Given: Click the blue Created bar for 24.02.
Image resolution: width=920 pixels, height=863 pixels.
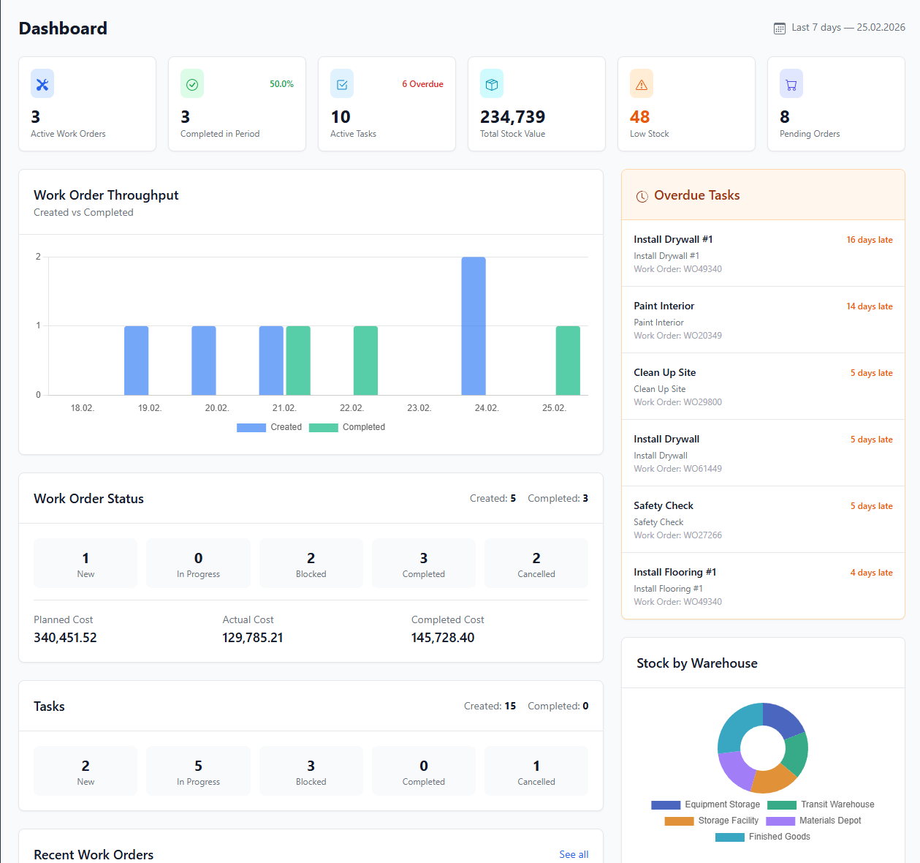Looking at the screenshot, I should coord(474,325).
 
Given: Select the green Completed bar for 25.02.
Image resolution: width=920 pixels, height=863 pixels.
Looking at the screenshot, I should coord(568,361).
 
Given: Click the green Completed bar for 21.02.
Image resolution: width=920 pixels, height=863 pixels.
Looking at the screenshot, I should coord(298,361).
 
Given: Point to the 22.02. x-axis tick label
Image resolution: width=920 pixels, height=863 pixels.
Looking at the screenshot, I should coord(351,408).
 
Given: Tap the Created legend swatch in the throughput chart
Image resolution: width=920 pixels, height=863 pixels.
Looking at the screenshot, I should coord(251,428).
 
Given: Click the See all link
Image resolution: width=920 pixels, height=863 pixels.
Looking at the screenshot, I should coord(574,854).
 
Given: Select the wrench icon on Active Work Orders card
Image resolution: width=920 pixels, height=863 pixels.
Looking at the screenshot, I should coord(42,84).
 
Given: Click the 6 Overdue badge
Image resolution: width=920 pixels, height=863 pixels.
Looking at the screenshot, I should coord(422,84).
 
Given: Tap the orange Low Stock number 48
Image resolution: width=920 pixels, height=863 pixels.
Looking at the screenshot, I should coord(639,117).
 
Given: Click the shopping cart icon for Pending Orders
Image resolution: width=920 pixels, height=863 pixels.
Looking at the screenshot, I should coord(791,84).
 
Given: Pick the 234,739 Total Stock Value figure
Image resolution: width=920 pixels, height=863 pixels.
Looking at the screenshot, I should coord(512,117).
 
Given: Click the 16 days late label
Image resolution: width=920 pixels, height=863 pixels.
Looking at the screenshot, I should coord(869,240).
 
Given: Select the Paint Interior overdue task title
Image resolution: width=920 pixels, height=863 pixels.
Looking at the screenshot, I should coord(664,306).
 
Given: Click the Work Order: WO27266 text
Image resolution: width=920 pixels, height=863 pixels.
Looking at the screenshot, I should coord(677,535).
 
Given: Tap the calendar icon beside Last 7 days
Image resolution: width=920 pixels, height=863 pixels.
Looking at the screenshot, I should coord(780,28).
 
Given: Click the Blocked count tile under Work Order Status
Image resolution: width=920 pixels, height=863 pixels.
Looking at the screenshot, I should coord(311,563).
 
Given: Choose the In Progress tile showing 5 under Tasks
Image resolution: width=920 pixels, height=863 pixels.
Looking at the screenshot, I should coord(198,771).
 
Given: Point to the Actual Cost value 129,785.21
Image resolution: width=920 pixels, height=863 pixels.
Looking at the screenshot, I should coord(252,638).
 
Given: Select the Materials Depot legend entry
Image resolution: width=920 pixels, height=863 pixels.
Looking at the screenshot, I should coord(814,821).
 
